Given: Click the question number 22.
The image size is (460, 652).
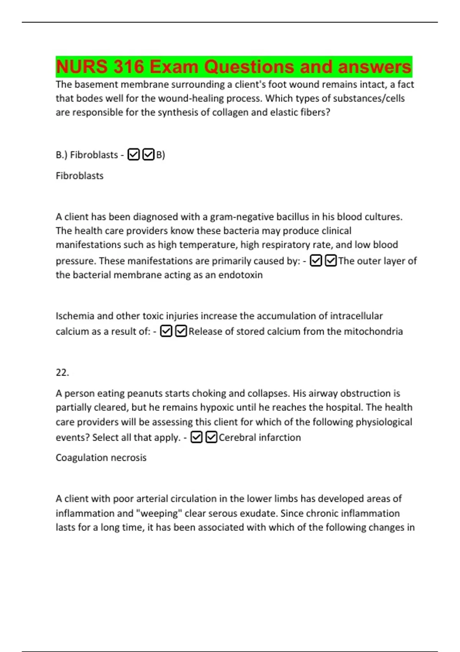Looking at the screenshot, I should coord(62,372).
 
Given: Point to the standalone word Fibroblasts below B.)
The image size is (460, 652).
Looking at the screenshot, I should coord(79,176).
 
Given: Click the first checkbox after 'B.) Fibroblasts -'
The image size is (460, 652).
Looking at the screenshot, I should coord(133,155).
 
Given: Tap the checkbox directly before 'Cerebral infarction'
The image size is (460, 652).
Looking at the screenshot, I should coord(211,437).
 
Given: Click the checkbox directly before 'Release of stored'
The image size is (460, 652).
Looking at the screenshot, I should coord(181,331).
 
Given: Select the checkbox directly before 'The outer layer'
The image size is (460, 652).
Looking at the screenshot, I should coord(330,261).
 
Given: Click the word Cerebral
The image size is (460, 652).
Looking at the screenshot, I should coord(238,438).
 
